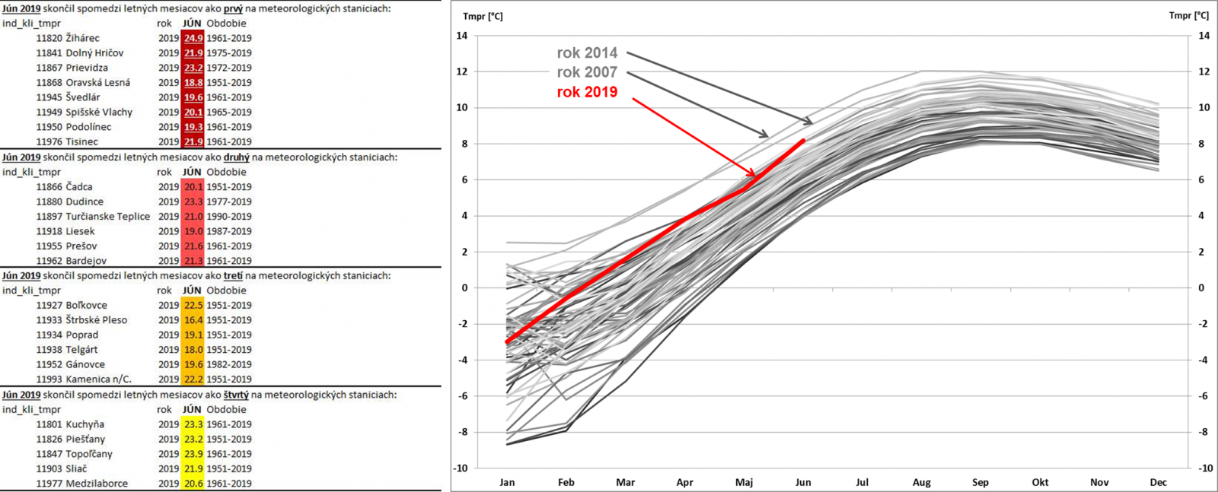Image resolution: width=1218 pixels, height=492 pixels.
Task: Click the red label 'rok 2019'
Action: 587,92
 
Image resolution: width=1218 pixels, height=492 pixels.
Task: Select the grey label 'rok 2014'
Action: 587,52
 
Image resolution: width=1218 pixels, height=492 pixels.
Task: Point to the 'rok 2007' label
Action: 587,72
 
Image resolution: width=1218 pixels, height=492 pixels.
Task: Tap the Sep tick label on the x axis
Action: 980,482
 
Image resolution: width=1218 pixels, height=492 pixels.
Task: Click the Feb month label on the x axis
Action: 566,482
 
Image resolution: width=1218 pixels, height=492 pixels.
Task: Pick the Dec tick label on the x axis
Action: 1158,482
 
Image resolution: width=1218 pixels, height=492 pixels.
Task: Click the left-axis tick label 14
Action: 461,36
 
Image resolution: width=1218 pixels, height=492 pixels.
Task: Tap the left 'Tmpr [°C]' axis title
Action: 483,16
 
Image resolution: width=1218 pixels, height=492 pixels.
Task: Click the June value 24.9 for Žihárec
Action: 193,38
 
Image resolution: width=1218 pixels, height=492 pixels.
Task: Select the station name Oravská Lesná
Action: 97,82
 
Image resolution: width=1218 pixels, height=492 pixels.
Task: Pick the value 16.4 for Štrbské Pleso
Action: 193,320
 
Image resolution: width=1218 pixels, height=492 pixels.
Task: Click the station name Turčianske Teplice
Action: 107,216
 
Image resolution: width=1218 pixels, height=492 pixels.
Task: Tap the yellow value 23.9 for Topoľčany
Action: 193,454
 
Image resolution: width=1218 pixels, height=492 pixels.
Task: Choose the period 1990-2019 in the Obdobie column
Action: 228,216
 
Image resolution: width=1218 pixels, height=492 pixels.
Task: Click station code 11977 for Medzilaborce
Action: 49,484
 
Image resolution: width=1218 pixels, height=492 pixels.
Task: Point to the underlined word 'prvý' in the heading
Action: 233,9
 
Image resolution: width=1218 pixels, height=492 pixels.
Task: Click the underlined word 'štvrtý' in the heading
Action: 236,395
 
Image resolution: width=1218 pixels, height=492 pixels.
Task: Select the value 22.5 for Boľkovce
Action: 193,305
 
